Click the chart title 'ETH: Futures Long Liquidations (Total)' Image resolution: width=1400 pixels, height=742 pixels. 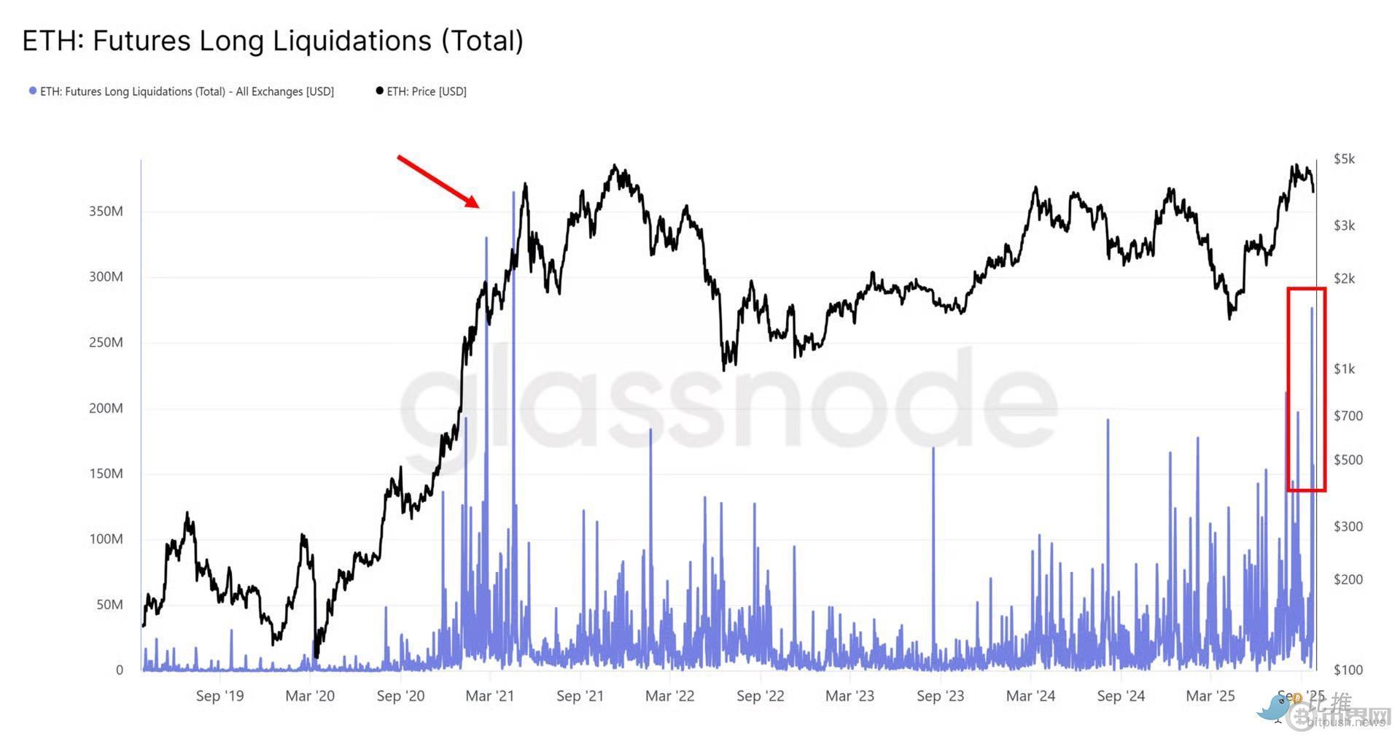(x=273, y=41)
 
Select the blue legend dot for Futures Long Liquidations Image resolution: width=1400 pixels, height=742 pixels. (x=32, y=91)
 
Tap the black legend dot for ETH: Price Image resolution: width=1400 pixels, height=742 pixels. (x=379, y=91)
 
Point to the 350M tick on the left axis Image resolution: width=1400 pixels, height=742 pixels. (x=106, y=212)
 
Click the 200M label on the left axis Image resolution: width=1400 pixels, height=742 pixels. (x=106, y=409)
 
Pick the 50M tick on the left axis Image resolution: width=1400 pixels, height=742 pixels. (x=109, y=605)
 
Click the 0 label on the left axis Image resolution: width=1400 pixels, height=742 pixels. (x=120, y=670)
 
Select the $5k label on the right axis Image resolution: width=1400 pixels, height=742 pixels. (x=1344, y=159)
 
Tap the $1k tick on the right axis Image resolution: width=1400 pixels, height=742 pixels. (x=1344, y=369)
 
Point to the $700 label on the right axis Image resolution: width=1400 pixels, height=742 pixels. (x=1347, y=416)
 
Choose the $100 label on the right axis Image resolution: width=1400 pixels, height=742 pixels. (x=1347, y=670)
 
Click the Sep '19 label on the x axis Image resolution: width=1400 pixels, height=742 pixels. (x=219, y=696)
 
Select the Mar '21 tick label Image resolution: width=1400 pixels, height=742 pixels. (x=489, y=696)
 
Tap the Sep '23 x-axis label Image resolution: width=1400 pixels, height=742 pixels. (x=940, y=696)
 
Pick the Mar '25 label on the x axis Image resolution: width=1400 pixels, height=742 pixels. (x=1210, y=696)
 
